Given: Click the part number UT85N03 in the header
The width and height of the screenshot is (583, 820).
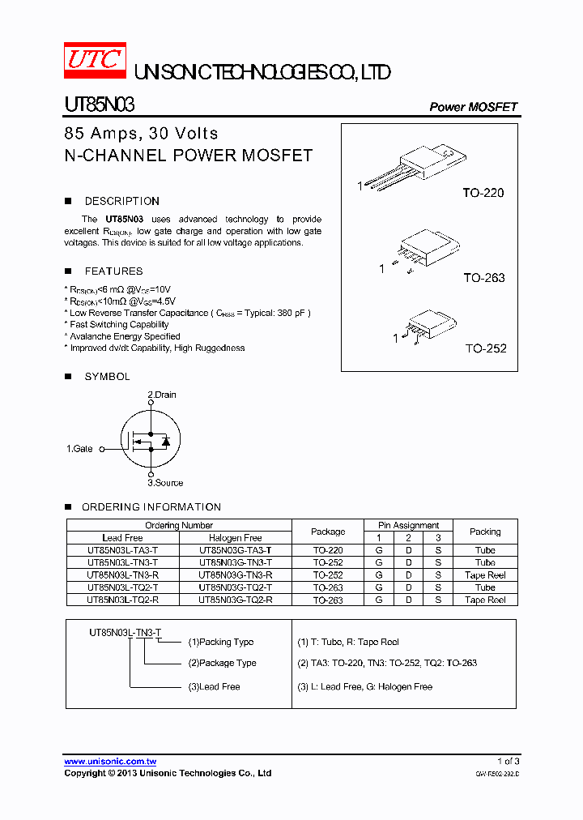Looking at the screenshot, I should (99, 105).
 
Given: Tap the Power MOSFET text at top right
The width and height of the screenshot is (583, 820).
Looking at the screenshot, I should (473, 107).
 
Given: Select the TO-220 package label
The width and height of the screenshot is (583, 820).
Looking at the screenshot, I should (483, 193).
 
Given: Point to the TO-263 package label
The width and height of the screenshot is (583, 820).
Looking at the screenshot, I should (483, 278).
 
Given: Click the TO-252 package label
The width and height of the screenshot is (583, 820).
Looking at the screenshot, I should (485, 348).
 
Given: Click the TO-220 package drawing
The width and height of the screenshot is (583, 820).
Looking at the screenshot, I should (413, 167).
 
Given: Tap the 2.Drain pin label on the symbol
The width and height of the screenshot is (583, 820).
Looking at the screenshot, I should (161, 395).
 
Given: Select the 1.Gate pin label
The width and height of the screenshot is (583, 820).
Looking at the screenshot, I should (79, 448).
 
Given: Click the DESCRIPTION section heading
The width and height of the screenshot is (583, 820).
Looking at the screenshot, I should (121, 201).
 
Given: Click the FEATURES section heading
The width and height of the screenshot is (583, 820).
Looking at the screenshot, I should (113, 271).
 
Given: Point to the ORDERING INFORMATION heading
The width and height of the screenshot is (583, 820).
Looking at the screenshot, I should (151, 507).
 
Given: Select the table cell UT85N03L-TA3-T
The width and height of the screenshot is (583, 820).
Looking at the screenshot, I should (122, 550).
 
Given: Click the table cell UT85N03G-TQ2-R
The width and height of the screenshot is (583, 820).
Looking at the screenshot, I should (235, 600).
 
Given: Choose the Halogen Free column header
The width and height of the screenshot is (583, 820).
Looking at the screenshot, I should (235, 538).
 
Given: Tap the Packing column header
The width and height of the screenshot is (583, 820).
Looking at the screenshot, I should (485, 532).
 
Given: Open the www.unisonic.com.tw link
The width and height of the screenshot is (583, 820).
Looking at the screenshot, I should (110, 762).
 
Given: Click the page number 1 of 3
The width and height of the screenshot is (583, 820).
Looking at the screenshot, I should (508, 762).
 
